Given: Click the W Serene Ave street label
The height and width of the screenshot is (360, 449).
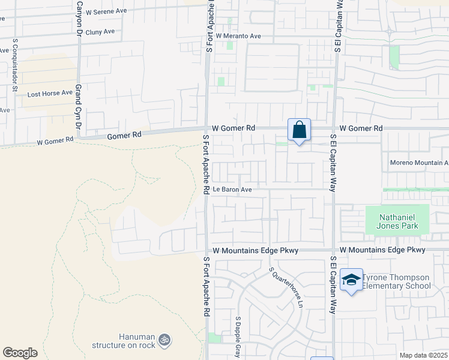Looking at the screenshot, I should pos(107,11).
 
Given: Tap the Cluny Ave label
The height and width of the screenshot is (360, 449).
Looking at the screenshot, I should pos(100,32).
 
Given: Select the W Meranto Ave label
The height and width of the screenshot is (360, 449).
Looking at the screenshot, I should pos(238,36).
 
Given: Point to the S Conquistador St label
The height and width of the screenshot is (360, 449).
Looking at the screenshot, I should pos(15,64).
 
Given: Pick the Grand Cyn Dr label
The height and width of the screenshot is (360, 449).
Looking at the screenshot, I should pos(78,107).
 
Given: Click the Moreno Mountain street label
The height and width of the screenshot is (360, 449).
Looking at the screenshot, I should pos(419,163).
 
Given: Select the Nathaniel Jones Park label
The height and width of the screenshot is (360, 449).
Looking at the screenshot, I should pos(397,222).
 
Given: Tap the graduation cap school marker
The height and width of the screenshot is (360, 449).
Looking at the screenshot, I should pos(351,280).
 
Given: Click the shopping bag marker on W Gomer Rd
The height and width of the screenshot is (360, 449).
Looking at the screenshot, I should pos(299,130).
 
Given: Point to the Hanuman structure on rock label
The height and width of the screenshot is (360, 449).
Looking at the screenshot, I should pos(124,341).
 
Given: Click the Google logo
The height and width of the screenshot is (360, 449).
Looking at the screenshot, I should pos(20,353).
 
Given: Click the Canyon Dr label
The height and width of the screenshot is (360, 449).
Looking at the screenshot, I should pos(79,18).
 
